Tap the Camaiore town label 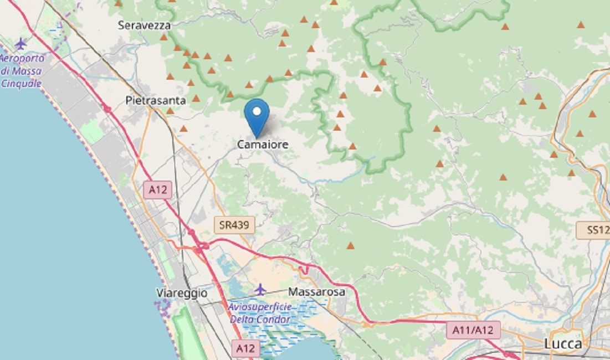pos(263,145)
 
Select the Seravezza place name pos(144,25)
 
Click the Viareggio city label pos(182,292)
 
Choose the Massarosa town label pos(316,291)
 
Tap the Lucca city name pos(563,344)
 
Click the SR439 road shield pos(234,224)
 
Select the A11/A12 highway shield pos(473,330)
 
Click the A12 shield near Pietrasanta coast pos(158,190)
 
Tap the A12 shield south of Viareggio pos(245,348)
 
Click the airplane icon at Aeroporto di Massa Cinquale pos(21,43)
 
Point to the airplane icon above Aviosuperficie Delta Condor pos(260,289)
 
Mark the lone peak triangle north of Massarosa pos(350,245)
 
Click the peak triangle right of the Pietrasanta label pos(196,99)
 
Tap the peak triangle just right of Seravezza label pos(163,37)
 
